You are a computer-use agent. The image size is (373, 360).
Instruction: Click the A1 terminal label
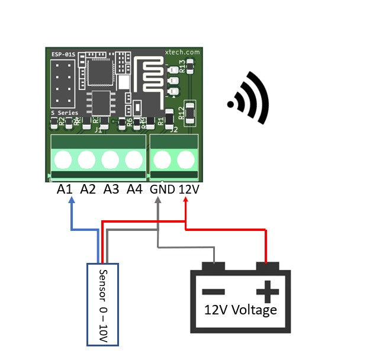point(65,189)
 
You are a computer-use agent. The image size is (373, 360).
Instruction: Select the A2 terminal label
point(88,189)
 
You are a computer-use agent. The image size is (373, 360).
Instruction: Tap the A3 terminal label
point(111,189)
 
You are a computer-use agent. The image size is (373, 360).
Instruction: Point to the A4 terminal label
point(134,189)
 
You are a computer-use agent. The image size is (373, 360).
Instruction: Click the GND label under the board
point(162,190)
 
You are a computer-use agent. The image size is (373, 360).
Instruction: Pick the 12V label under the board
point(188,190)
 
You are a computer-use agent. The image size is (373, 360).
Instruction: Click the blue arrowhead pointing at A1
point(72,201)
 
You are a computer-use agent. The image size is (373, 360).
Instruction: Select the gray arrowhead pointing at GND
point(158,201)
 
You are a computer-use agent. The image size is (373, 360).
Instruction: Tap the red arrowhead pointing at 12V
point(185,201)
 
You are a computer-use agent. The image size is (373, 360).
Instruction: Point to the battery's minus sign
point(214,291)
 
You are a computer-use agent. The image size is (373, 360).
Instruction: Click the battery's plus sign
point(266,291)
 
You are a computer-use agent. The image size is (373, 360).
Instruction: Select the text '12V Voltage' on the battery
point(240,310)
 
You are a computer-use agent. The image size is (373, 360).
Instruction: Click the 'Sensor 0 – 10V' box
point(103,304)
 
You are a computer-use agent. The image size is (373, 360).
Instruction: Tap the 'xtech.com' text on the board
point(182,53)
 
